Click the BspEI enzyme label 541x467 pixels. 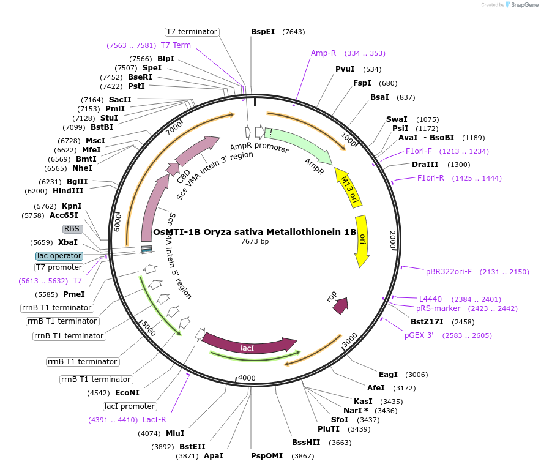[263, 32]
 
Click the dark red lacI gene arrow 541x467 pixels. [248, 345]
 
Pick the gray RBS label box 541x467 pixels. [72, 229]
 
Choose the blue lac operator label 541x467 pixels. [59, 256]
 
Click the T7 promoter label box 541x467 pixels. [59, 267]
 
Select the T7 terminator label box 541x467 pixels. [192, 32]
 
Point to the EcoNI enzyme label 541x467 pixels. [127, 392]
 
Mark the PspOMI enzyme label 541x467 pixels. [267, 456]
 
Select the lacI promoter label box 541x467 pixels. [130, 406]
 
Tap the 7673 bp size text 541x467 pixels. [255, 242]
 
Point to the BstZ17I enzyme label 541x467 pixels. [427, 321]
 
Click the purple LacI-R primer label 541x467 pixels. [154, 420]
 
